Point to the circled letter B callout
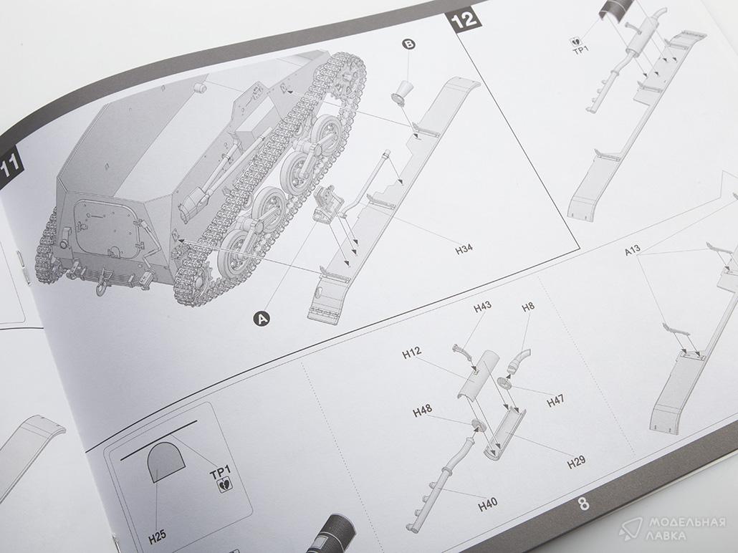(x=409, y=44)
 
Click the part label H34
(x=464, y=250)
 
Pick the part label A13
(x=632, y=251)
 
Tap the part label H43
(x=482, y=307)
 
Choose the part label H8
(x=528, y=307)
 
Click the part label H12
(x=411, y=354)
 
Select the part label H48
(x=422, y=413)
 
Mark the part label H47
(x=556, y=403)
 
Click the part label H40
(x=487, y=504)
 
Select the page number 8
(x=584, y=504)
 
